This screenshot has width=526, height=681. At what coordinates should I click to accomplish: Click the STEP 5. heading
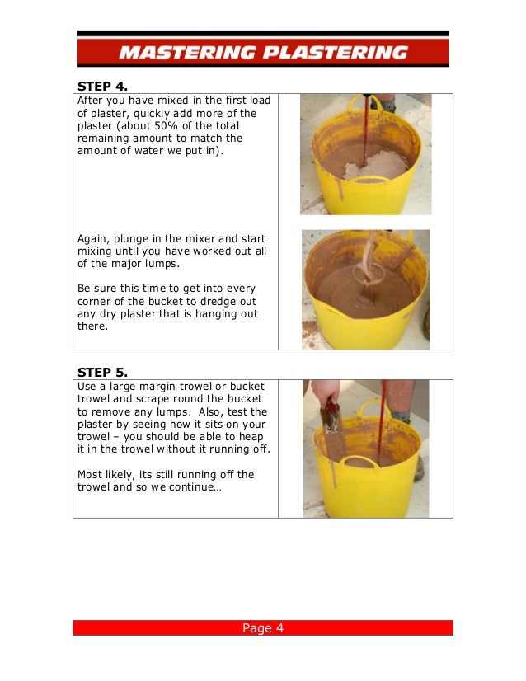tap(102, 371)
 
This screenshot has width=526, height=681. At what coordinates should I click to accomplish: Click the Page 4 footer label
tap(262, 628)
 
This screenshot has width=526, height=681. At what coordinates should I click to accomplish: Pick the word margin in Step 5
tap(159, 385)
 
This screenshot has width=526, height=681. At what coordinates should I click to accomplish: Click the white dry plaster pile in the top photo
tap(372, 168)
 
